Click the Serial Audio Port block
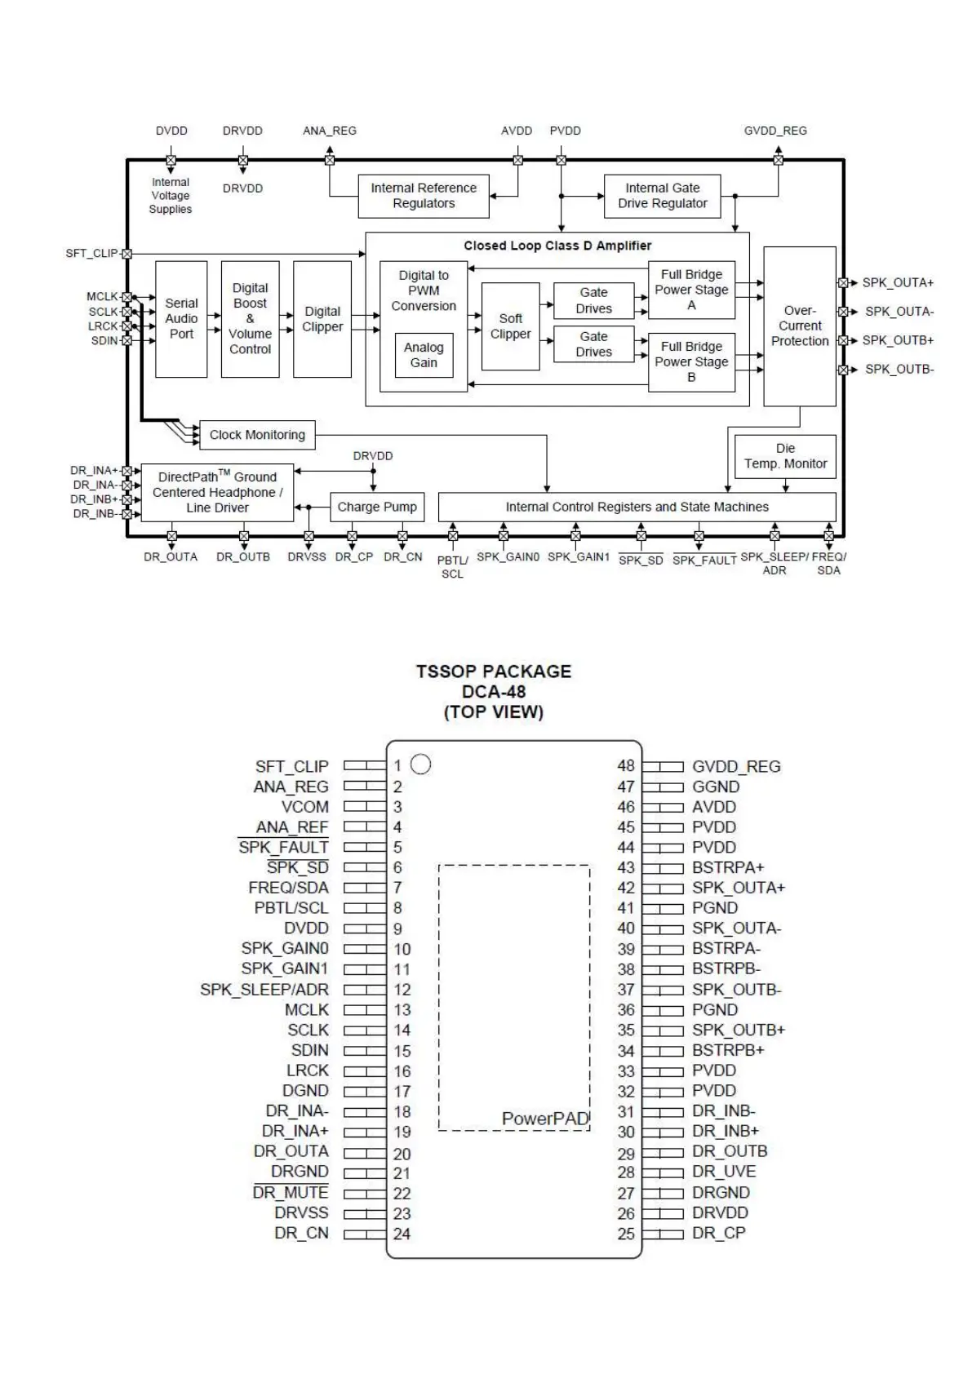(181, 318)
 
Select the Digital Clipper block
(322, 319)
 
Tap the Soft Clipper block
(510, 326)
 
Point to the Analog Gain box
(424, 355)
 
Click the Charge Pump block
(376, 507)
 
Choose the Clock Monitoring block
(257, 435)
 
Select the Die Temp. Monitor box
(785, 456)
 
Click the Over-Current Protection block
(799, 326)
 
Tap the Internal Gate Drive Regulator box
(662, 196)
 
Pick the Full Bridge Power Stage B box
(691, 361)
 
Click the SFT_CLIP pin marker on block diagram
(126, 254)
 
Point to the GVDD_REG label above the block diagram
(774, 131)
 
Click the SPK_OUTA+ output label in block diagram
(898, 282)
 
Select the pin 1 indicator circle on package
(420, 765)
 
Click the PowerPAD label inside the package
(545, 1118)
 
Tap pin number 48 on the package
(625, 766)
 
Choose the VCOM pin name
(304, 807)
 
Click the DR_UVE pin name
(723, 1172)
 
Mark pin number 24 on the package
(402, 1234)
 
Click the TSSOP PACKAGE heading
(493, 671)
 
